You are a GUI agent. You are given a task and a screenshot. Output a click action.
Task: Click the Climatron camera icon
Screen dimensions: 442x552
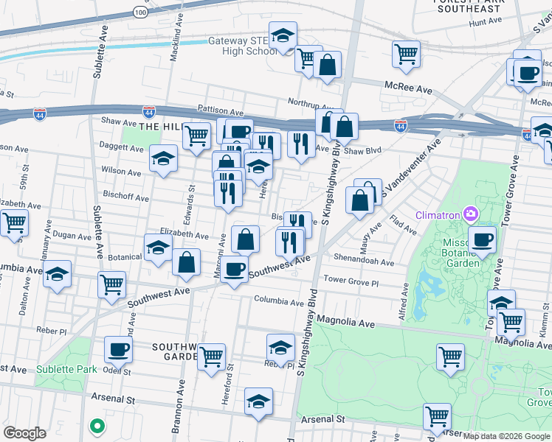point(470,214)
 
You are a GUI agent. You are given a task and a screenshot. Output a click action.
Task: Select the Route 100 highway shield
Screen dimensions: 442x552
point(141,13)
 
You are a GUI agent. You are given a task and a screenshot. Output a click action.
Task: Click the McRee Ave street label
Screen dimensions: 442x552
point(408,88)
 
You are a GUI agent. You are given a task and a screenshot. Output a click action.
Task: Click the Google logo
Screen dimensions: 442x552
point(24,433)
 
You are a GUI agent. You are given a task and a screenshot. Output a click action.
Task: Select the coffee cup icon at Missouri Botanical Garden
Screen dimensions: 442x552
point(483,239)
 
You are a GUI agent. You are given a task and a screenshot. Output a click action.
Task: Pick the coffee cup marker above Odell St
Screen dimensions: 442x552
point(117,349)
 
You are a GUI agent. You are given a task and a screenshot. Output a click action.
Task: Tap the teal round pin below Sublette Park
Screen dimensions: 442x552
point(95,425)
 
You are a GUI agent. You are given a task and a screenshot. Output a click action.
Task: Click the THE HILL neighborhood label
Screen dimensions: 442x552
point(159,127)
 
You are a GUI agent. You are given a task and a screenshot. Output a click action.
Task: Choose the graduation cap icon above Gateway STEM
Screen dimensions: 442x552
point(282,35)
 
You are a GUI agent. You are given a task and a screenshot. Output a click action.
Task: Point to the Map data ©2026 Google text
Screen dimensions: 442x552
point(506,436)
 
